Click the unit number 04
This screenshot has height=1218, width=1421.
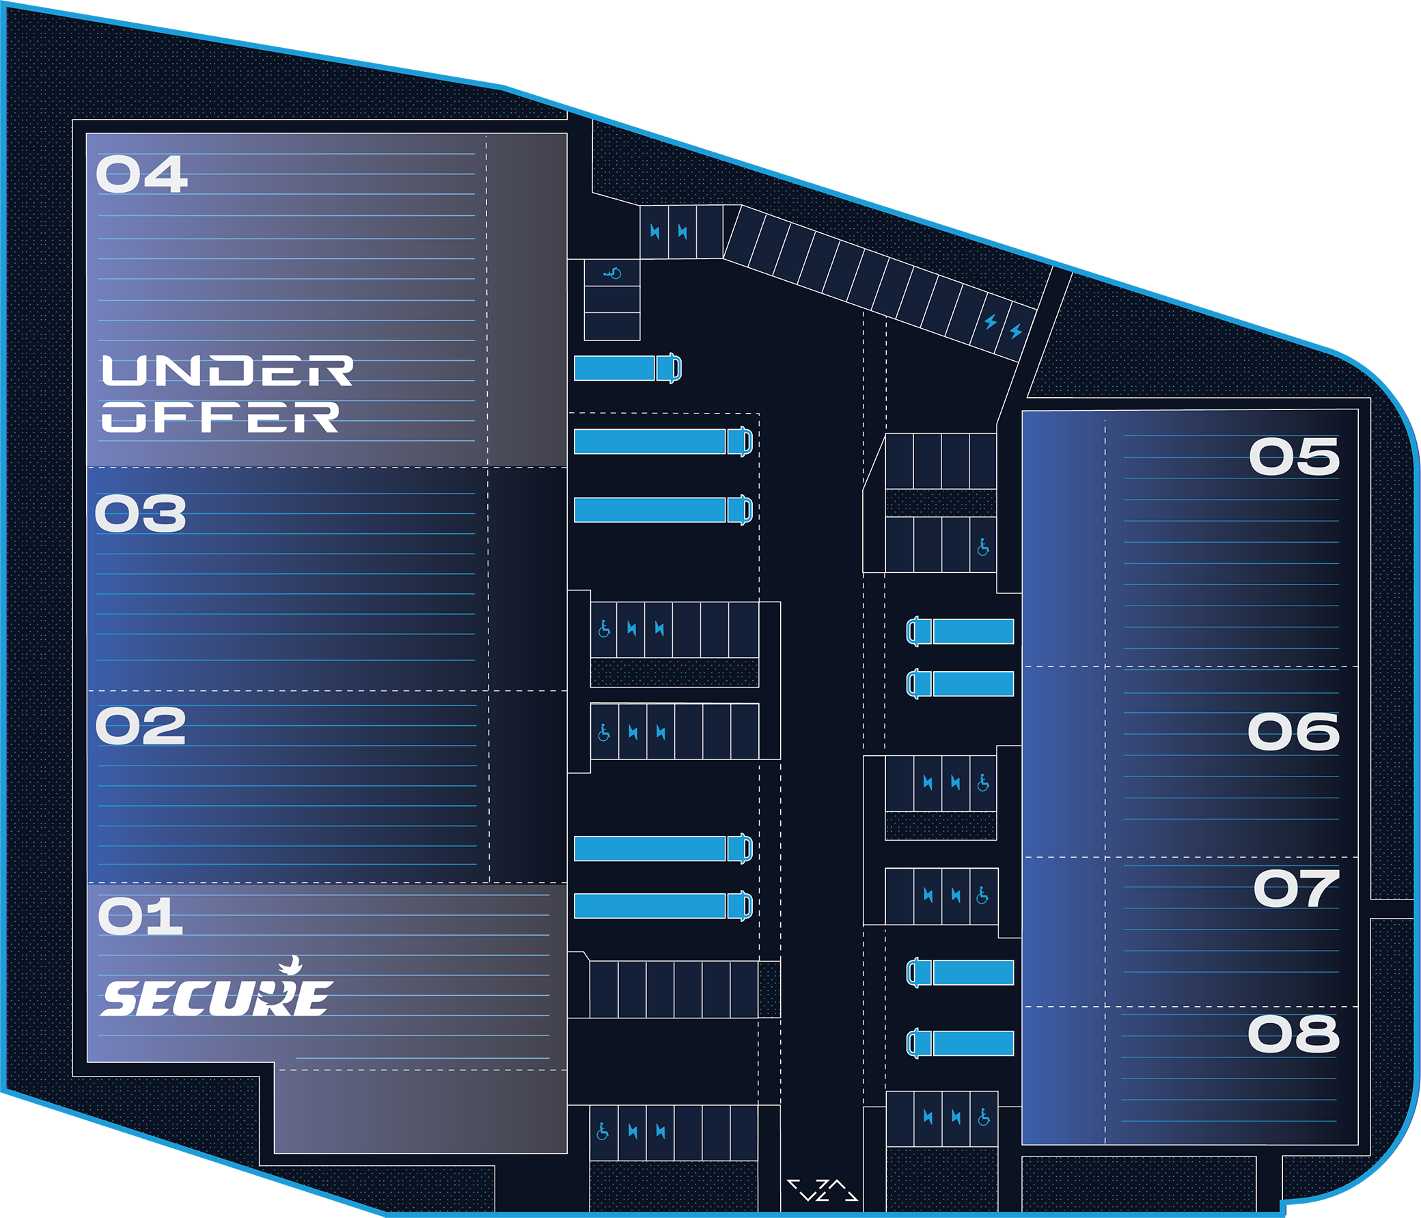pyautogui.click(x=141, y=174)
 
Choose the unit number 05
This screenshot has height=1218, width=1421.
pyautogui.click(x=1293, y=457)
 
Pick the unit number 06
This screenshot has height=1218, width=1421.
pyautogui.click(x=1293, y=731)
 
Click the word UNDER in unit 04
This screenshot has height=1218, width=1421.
pyautogui.click(x=227, y=370)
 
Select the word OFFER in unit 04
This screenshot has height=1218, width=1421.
pyautogui.click(x=220, y=417)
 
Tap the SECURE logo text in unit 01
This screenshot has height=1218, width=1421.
pyautogui.click(x=217, y=999)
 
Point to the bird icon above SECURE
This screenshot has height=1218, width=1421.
pyautogui.click(x=292, y=965)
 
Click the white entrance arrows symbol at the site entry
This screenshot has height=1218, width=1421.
pyautogui.click(x=823, y=1190)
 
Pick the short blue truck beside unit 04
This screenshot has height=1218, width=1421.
pyautogui.click(x=627, y=368)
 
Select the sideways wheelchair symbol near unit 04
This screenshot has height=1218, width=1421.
pyautogui.click(x=611, y=274)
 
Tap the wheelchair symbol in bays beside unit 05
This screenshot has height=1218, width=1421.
pyautogui.click(x=983, y=547)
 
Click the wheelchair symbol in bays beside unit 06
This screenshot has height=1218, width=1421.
pyautogui.click(x=983, y=783)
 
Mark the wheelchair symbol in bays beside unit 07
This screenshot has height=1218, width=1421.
pyautogui.click(x=982, y=895)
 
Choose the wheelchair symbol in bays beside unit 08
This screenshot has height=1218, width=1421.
pyautogui.click(x=984, y=1117)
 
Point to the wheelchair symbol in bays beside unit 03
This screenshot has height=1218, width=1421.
pyautogui.click(x=604, y=629)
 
